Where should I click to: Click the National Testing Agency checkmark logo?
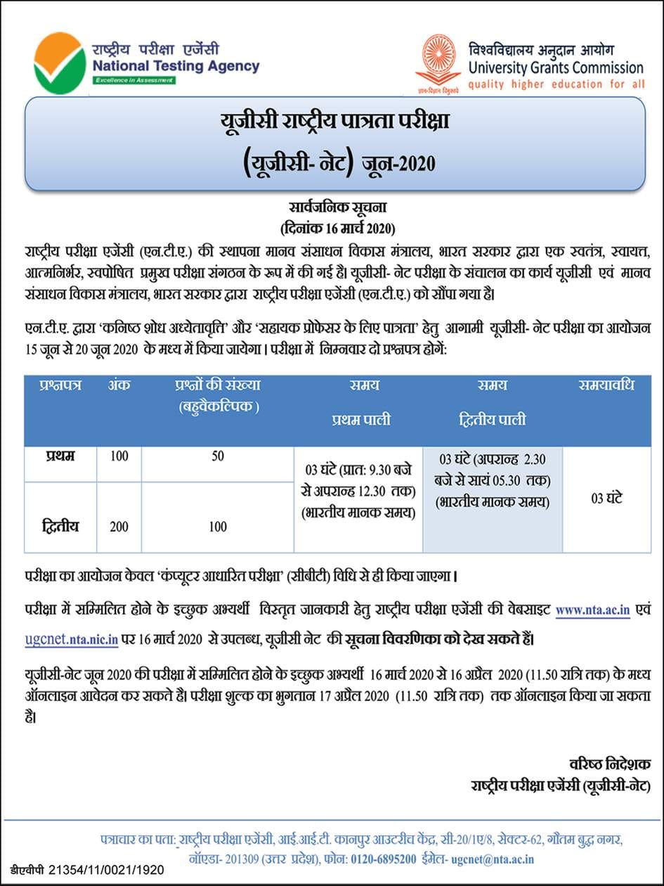[x=60, y=63]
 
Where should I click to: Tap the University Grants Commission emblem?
[x=438, y=62]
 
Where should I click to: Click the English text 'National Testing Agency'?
[x=176, y=67]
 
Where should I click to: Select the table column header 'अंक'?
[x=119, y=385]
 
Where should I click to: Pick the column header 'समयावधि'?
[x=606, y=385]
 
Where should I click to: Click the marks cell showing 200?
[x=119, y=527]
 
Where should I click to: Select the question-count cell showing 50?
[x=218, y=456]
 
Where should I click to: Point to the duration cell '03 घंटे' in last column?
[x=606, y=499]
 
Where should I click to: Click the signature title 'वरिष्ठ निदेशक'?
[x=609, y=764]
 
